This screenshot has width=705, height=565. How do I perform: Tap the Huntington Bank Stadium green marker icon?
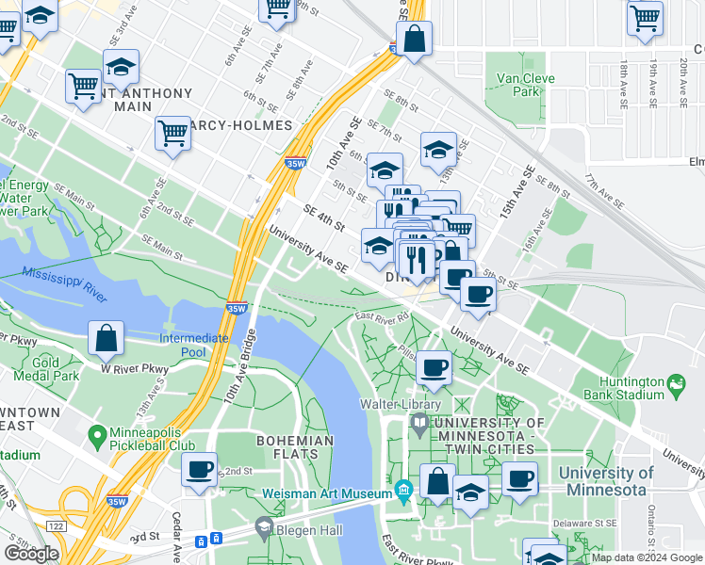676,383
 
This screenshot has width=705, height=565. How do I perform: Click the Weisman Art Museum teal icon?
404,491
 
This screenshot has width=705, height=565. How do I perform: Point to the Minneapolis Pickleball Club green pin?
95,436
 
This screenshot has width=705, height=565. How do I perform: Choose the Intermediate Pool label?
194,345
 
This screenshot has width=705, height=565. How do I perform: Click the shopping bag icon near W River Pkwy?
107,338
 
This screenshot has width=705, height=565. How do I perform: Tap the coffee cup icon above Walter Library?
434,367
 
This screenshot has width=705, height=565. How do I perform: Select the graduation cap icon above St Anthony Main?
121,67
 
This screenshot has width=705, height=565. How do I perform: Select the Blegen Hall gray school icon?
264,527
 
